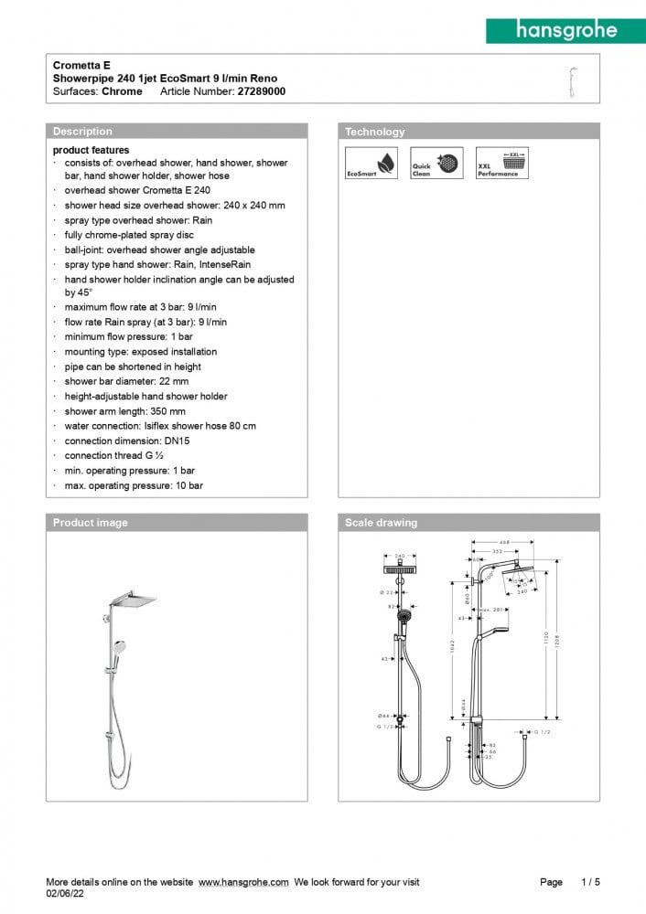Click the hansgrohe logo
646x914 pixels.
(x=565, y=30)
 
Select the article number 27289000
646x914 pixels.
(x=262, y=91)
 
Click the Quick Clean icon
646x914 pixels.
(x=425, y=164)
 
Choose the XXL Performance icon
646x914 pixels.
(x=498, y=164)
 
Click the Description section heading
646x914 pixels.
(x=82, y=132)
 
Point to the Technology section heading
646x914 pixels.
(x=374, y=132)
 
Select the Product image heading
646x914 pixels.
(x=91, y=523)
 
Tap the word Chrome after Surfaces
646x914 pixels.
(x=122, y=91)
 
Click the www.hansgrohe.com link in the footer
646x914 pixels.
(x=243, y=882)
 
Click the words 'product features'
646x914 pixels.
(x=91, y=150)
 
